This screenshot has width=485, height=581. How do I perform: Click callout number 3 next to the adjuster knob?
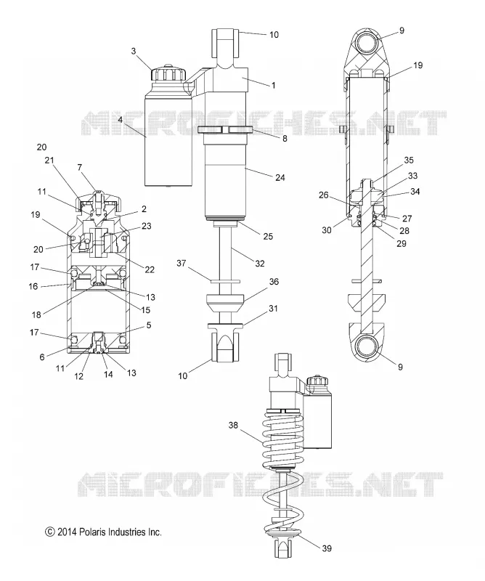134,51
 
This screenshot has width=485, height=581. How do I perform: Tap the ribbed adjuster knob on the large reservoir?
168,73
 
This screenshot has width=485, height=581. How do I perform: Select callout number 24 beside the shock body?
280,177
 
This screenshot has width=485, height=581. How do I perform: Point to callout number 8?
285,139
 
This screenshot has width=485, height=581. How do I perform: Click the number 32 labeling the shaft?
260,263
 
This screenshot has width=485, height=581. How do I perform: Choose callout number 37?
182,263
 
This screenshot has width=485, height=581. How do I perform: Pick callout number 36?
274,282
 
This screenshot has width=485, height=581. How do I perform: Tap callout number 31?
273,308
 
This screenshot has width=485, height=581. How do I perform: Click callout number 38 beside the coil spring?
233,425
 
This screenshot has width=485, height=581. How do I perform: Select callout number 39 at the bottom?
327,548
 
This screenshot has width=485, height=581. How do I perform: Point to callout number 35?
409,160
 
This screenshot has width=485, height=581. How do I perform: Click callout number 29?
402,243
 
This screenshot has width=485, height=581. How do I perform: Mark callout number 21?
49,160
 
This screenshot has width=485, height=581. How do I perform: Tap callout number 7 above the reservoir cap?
80,168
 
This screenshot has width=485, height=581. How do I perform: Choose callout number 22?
150,269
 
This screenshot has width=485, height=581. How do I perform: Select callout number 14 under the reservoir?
108,374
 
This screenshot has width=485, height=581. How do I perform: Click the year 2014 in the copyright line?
67,532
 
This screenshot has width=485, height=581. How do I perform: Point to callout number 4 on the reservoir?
121,119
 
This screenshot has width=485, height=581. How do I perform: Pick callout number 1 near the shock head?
274,85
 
